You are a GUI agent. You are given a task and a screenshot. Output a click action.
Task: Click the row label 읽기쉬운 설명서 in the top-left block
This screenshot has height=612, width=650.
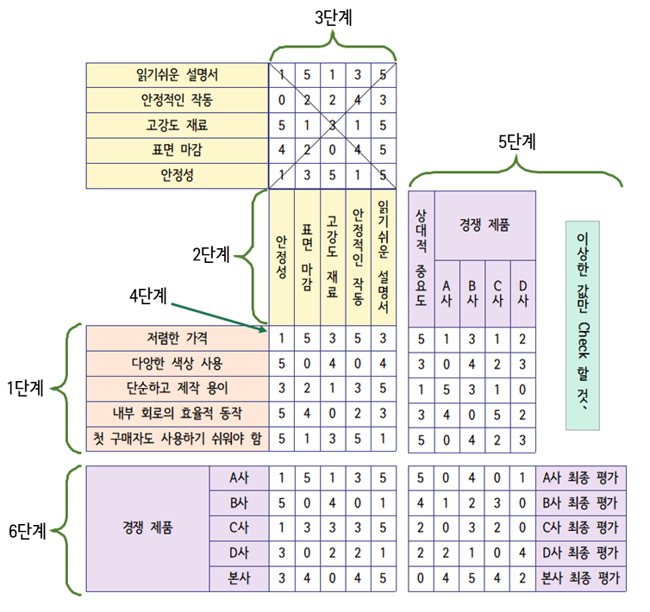[177, 75]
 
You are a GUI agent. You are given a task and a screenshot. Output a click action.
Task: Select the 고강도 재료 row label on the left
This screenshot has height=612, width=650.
[177, 125]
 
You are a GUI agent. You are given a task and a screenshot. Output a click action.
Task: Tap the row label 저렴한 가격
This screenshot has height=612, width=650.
[177, 338]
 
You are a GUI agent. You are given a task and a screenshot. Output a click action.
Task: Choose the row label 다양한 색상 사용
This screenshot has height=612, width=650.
[177, 362]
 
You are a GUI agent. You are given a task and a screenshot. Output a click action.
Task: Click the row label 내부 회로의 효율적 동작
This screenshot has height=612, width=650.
[177, 414]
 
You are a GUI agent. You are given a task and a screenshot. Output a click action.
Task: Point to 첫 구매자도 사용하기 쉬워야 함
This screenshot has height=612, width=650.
[177, 439]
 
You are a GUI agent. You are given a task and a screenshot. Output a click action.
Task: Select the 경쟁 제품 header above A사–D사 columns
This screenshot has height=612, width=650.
[484, 224]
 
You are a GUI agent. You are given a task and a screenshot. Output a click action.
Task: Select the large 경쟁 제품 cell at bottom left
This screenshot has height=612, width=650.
[148, 528]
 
